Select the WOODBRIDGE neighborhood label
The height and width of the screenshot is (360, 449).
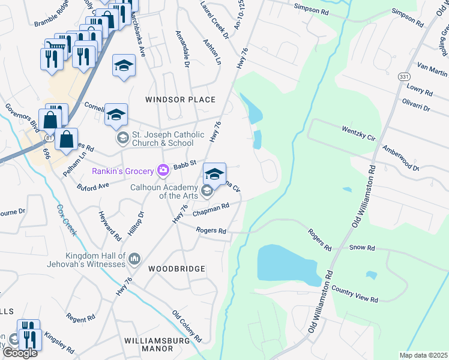pos(176,269)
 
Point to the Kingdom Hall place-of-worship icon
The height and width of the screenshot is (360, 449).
pos(134,259)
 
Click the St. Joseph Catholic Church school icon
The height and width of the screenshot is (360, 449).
pos(122,139)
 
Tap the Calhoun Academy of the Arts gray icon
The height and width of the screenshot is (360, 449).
pos(207,191)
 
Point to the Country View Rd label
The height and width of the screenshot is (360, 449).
pos(354,293)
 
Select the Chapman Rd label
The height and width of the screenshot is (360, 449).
pos(211,210)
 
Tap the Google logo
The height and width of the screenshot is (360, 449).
pos(20,353)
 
